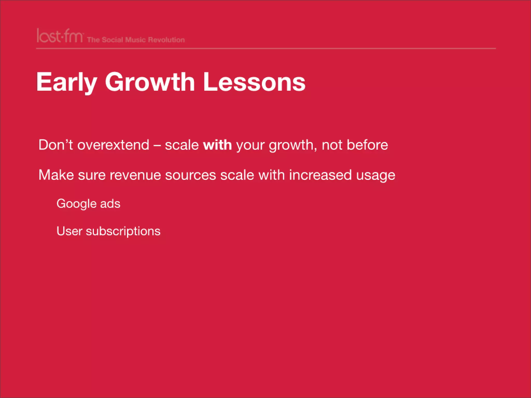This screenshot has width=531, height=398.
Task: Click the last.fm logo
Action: [60, 36]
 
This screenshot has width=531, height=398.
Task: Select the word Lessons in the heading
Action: [254, 82]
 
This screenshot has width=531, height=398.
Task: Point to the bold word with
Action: [217, 145]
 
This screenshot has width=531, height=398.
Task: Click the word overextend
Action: [113, 145]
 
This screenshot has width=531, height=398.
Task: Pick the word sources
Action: [191, 175]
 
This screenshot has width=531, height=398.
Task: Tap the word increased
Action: [320, 175]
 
